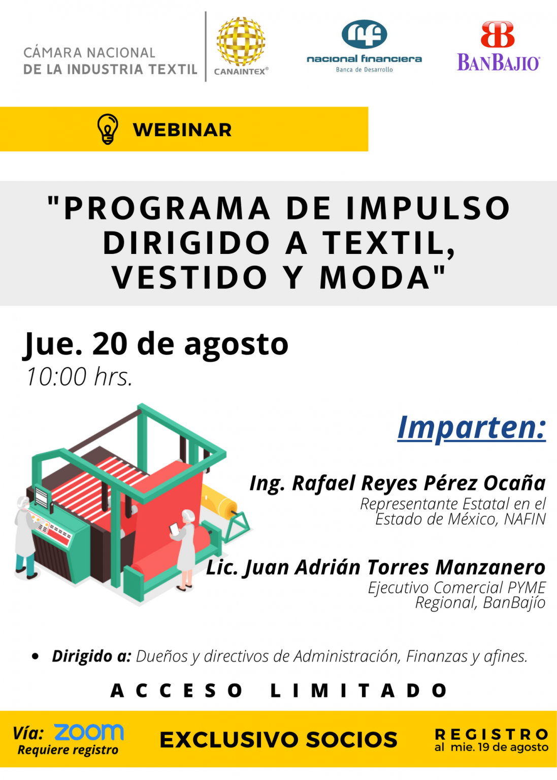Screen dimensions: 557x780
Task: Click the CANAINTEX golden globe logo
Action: pyautogui.click(x=241, y=41)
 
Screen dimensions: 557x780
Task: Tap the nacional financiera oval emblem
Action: pyautogui.click(x=364, y=34)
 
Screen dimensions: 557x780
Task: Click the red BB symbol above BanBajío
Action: pyautogui.click(x=498, y=34)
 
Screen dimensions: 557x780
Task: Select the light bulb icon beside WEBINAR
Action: pyautogui.click(x=108, y=129)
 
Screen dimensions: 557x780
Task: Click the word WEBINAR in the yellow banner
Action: pyautogui.click(x=182, y=130)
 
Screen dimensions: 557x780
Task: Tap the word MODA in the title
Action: pyautogui.click(x=375, y=277)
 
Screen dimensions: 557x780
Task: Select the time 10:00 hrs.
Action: pyautogui.click(x=79, y=377)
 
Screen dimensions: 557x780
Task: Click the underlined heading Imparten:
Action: pyautogui.click(x=472, y=428)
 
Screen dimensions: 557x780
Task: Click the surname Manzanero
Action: pyautogui.click(x=490, y=568)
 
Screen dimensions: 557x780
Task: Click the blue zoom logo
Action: pyautogui.click(x=89, y=732)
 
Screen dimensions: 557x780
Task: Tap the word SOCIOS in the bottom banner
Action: pyautogui.click(x=351, y=739)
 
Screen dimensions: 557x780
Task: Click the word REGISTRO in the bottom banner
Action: pyautogui.click(x=492, y=734)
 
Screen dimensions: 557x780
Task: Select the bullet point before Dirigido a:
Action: pyautogui.click(x=35, y=657)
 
